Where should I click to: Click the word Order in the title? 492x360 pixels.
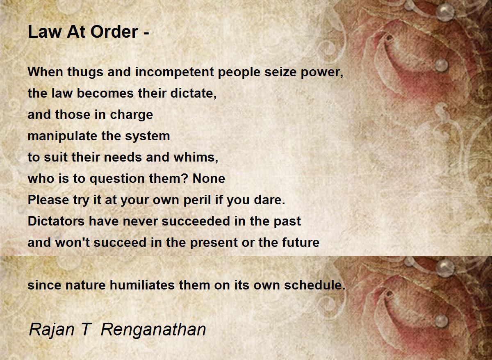[x=114, y=32]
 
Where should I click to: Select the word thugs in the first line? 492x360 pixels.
[x=85, y=72]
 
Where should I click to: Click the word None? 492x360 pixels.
[x=209, y=179]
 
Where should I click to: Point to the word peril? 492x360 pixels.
[x=197, y=200]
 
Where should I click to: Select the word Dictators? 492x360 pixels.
[x=56, y=221]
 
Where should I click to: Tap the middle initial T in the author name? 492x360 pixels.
[x=87, y=330]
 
